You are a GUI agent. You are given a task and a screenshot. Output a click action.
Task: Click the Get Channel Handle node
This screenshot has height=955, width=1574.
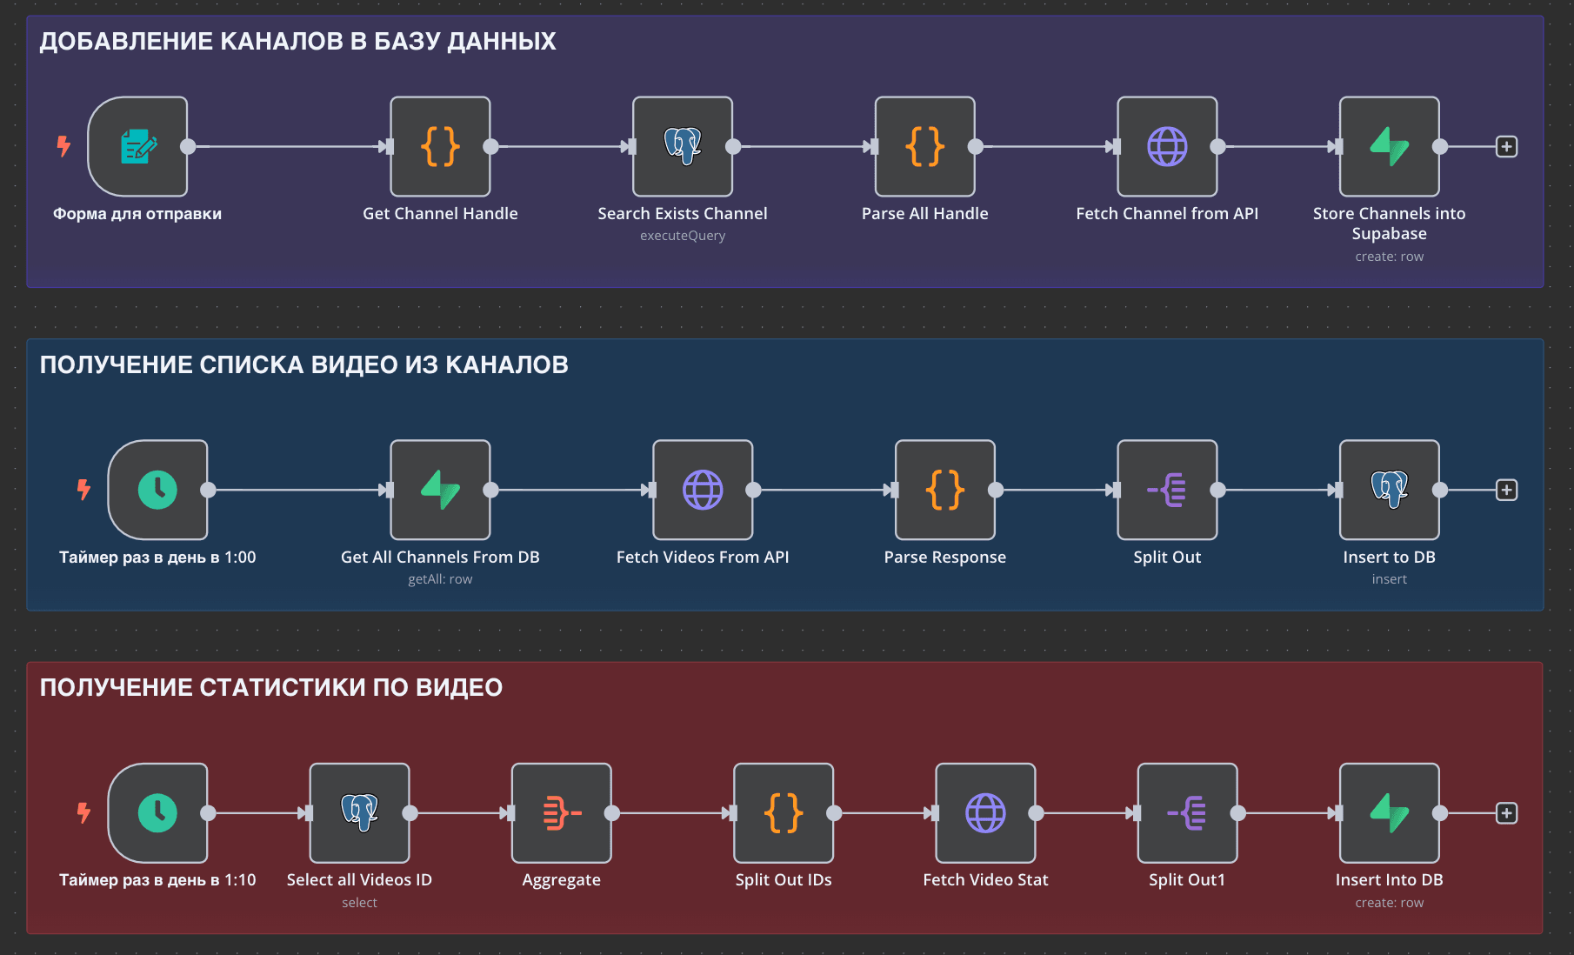(440, 146)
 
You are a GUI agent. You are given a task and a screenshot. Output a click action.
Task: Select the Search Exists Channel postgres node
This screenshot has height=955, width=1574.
(683, 146)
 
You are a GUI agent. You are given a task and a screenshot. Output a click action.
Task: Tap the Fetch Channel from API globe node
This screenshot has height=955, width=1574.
(1167, 146)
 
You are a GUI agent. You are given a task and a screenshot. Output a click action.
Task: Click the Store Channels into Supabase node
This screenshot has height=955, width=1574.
(1389, 146)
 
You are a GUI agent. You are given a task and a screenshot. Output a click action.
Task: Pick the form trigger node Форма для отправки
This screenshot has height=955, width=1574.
(138, 146)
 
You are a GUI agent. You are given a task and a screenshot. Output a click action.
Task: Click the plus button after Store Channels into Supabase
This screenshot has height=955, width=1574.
(1506, 146)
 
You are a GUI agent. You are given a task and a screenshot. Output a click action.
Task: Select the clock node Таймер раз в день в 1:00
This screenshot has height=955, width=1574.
(157, 490)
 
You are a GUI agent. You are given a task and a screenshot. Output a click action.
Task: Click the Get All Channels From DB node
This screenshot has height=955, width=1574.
(440, 490)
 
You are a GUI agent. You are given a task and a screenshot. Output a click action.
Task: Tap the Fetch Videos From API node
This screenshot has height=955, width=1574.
(703, 490)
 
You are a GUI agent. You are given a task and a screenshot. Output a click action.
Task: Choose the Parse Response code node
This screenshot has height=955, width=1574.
(945, 490)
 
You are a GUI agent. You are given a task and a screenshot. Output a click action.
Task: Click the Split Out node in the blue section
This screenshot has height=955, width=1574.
(1167, 490)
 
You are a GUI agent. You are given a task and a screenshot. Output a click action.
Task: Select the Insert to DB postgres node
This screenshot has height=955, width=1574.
(1389, 490)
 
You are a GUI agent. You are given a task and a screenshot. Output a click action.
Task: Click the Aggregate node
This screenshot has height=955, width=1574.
(561, 813)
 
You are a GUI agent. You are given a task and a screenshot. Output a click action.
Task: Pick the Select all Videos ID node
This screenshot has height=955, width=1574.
(359, 813)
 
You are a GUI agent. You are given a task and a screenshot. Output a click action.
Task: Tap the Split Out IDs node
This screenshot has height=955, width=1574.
(784, 813)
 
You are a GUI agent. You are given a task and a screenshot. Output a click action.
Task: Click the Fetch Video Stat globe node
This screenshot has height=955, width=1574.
(985, 813)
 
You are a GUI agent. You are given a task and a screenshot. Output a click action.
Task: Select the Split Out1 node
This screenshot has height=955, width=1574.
(1187, 813)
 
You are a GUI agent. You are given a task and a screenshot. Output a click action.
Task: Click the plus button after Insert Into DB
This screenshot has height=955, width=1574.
(1506, 813)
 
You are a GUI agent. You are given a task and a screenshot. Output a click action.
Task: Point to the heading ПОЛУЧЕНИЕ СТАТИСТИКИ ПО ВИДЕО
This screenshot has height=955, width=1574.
(271, 687)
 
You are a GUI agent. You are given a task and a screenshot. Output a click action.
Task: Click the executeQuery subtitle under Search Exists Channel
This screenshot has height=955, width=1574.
(683, 236)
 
